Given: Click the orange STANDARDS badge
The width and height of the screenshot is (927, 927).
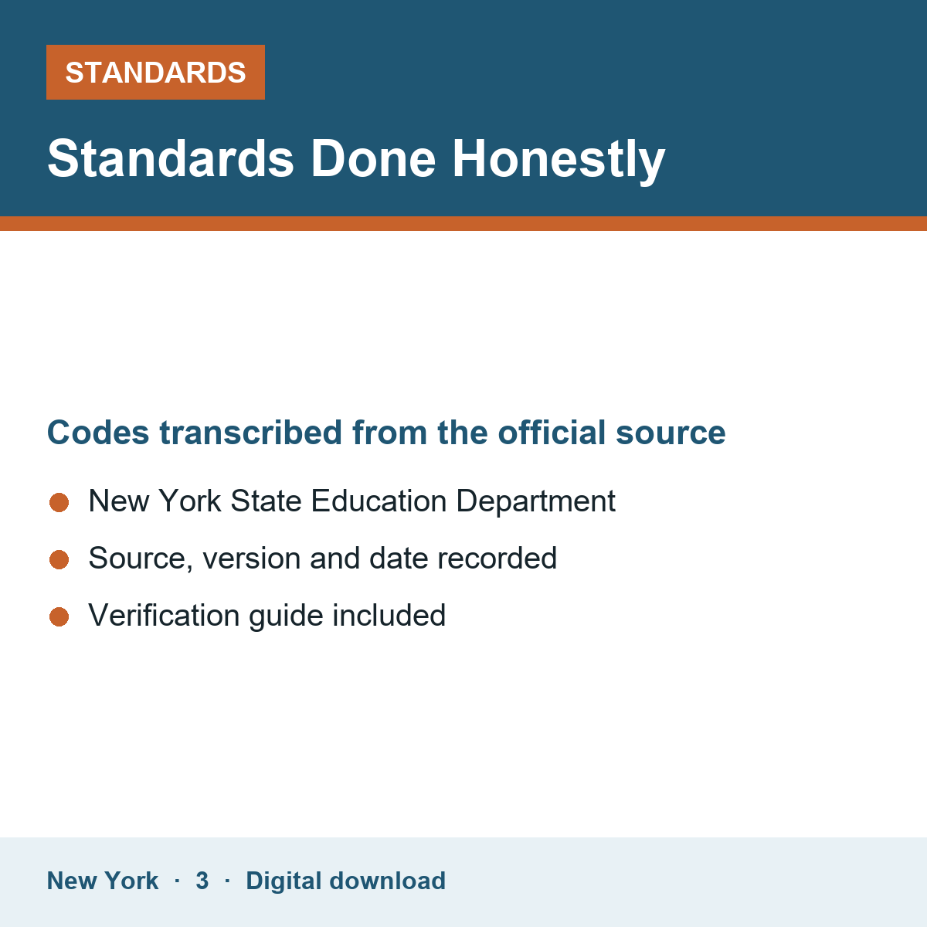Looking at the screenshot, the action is click(155, 72).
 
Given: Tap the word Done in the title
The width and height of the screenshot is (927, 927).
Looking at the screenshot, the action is click(373, 159).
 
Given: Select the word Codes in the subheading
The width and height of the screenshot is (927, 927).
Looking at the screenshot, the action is click(98, 433).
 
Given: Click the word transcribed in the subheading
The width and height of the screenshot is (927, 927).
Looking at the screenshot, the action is click(250, 433).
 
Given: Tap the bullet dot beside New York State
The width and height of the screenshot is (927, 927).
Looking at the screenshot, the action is click(59, 503).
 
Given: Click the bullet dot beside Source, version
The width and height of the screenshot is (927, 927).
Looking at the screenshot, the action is click(59, 560).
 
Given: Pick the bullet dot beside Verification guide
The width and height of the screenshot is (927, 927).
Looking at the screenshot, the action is click(59, 617).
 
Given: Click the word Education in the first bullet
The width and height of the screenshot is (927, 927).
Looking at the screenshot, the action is click(379, 501).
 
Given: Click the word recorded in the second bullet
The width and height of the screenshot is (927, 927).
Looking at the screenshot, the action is click(497, 558).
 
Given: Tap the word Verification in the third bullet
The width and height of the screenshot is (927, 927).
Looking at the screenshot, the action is click(165, 615).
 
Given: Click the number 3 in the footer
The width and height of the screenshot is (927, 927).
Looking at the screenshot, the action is click(202, 881).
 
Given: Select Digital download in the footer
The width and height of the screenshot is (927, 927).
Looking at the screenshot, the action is click(346, 881).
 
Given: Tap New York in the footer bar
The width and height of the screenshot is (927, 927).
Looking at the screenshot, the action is click(103, 881).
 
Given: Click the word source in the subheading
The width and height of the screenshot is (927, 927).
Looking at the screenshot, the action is click(671, 433).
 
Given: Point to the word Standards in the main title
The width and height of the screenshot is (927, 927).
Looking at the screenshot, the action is click(171, 159).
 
